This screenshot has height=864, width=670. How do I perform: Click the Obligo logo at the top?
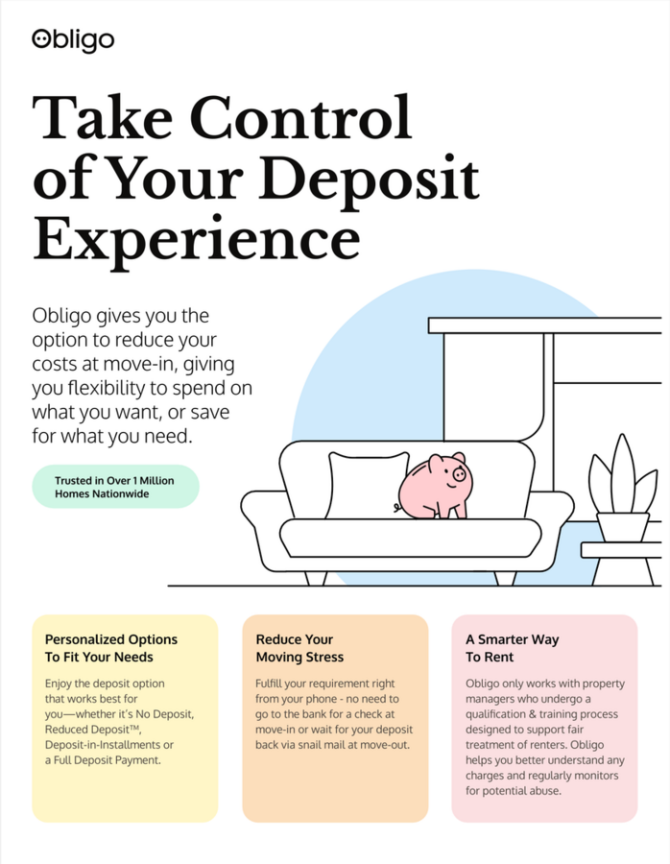[x=73, y=40]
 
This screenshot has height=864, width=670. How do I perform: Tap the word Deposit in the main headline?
[x=369, y=178]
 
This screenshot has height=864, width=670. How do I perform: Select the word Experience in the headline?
[x=196, y=239]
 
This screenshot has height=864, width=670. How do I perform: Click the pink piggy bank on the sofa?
[x=435, y=486]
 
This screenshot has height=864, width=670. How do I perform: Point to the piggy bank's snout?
[x=459, y=474]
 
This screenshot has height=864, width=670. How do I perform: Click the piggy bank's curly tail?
[x=397, y=508]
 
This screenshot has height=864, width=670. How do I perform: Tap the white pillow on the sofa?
[x=367, y=485]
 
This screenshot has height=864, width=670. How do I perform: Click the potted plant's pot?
[x=623, y=527]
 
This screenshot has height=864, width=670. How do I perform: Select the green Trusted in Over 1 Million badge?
[x=115, y=487]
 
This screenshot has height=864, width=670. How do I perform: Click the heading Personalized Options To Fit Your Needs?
[x=110, y=648]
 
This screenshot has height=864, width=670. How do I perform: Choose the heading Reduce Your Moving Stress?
[x=299, y=648]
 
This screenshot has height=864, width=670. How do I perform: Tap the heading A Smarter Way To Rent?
[x=512, y=648]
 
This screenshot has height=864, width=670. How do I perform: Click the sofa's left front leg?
[x=316, y=578]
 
